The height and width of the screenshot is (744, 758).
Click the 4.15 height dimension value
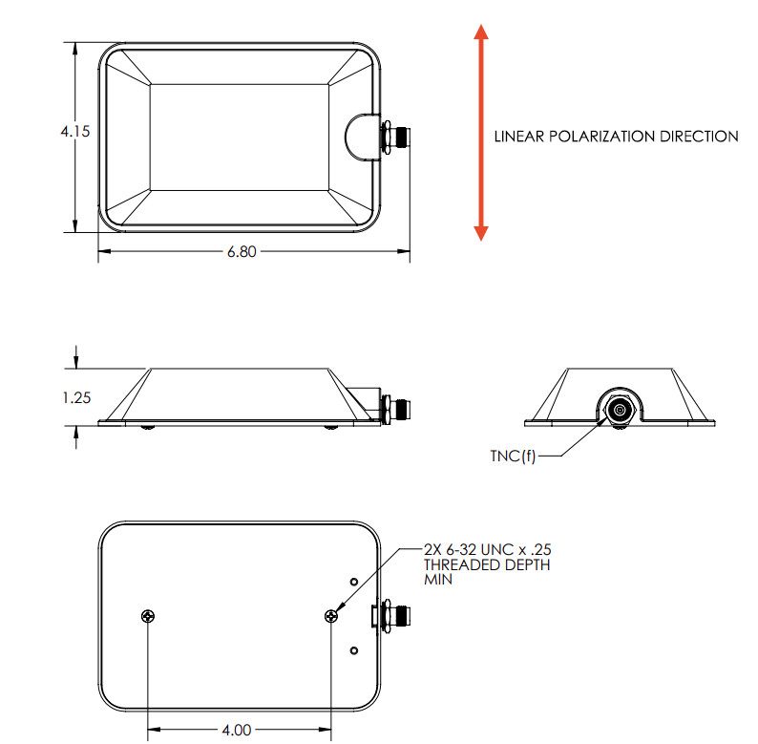pyautogui.click(x=74, y=133)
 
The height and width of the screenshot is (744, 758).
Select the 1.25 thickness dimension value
pyautogui.click(x=75, y=397)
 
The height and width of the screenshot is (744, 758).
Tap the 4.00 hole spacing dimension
pyautogui.click(x=237, y=731)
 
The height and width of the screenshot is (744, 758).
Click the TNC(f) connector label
pyautogui.click(x=514, y=456)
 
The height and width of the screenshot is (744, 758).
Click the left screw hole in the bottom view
pyautogui.click(x=147, y=616)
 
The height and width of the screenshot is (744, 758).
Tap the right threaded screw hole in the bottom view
pyautogui.click(x=331, y=616)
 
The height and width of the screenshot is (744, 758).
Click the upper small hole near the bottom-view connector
pyautogui.click(x=354, y=581)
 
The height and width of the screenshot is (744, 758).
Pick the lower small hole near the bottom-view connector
pyautogui.click(x=354, y=650)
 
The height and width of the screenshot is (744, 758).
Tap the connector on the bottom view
pyautogui.click(x=393, y=615)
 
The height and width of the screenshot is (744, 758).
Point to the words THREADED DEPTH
pyautogui.click(x=487, y=564)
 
